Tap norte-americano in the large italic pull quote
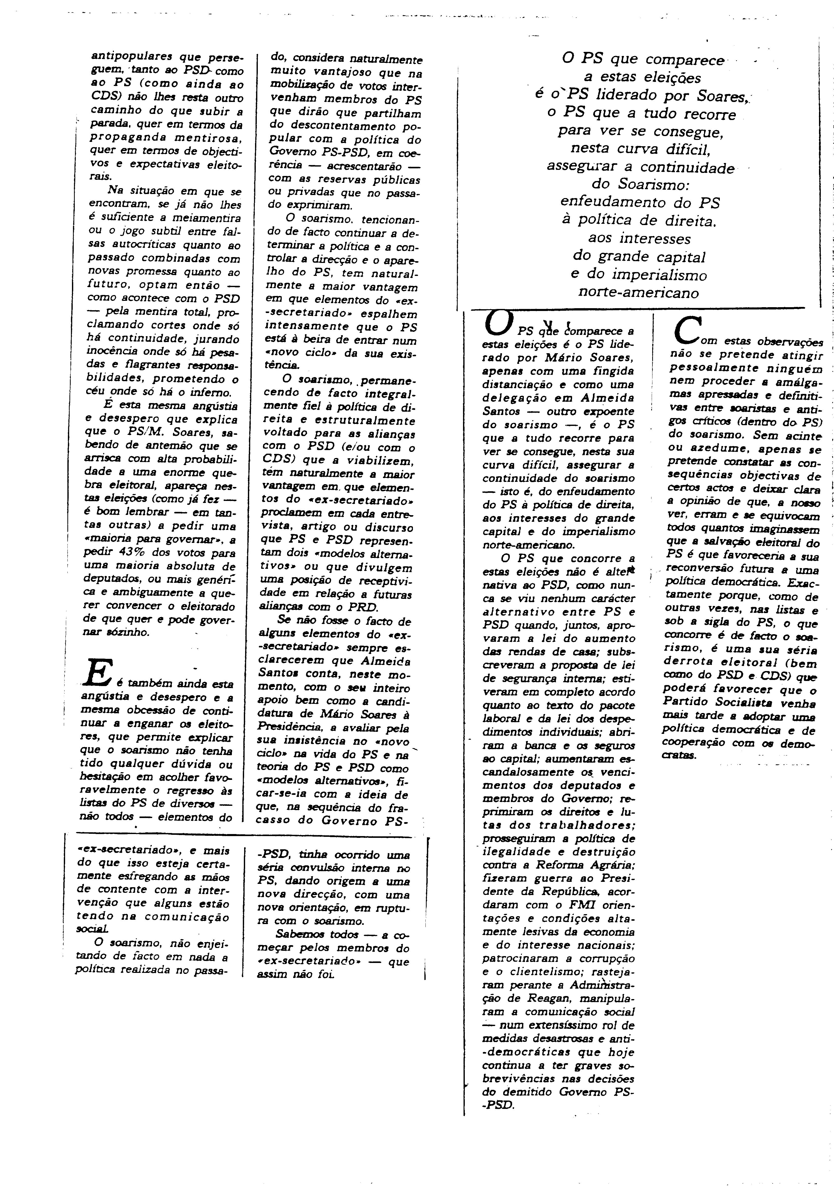point(638,293)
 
